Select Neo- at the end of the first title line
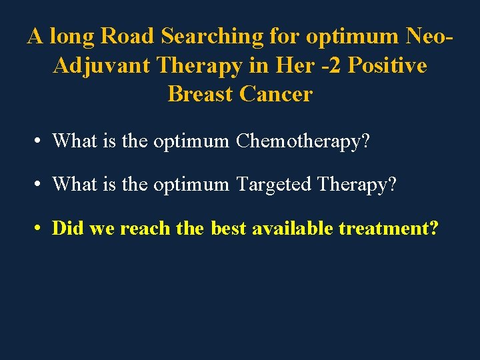point(427,37)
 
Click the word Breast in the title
point(200,94)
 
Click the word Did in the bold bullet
point(67,229)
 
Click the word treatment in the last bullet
point(385,229)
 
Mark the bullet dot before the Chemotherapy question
point(39,141)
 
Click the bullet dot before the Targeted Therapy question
point(39,185)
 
